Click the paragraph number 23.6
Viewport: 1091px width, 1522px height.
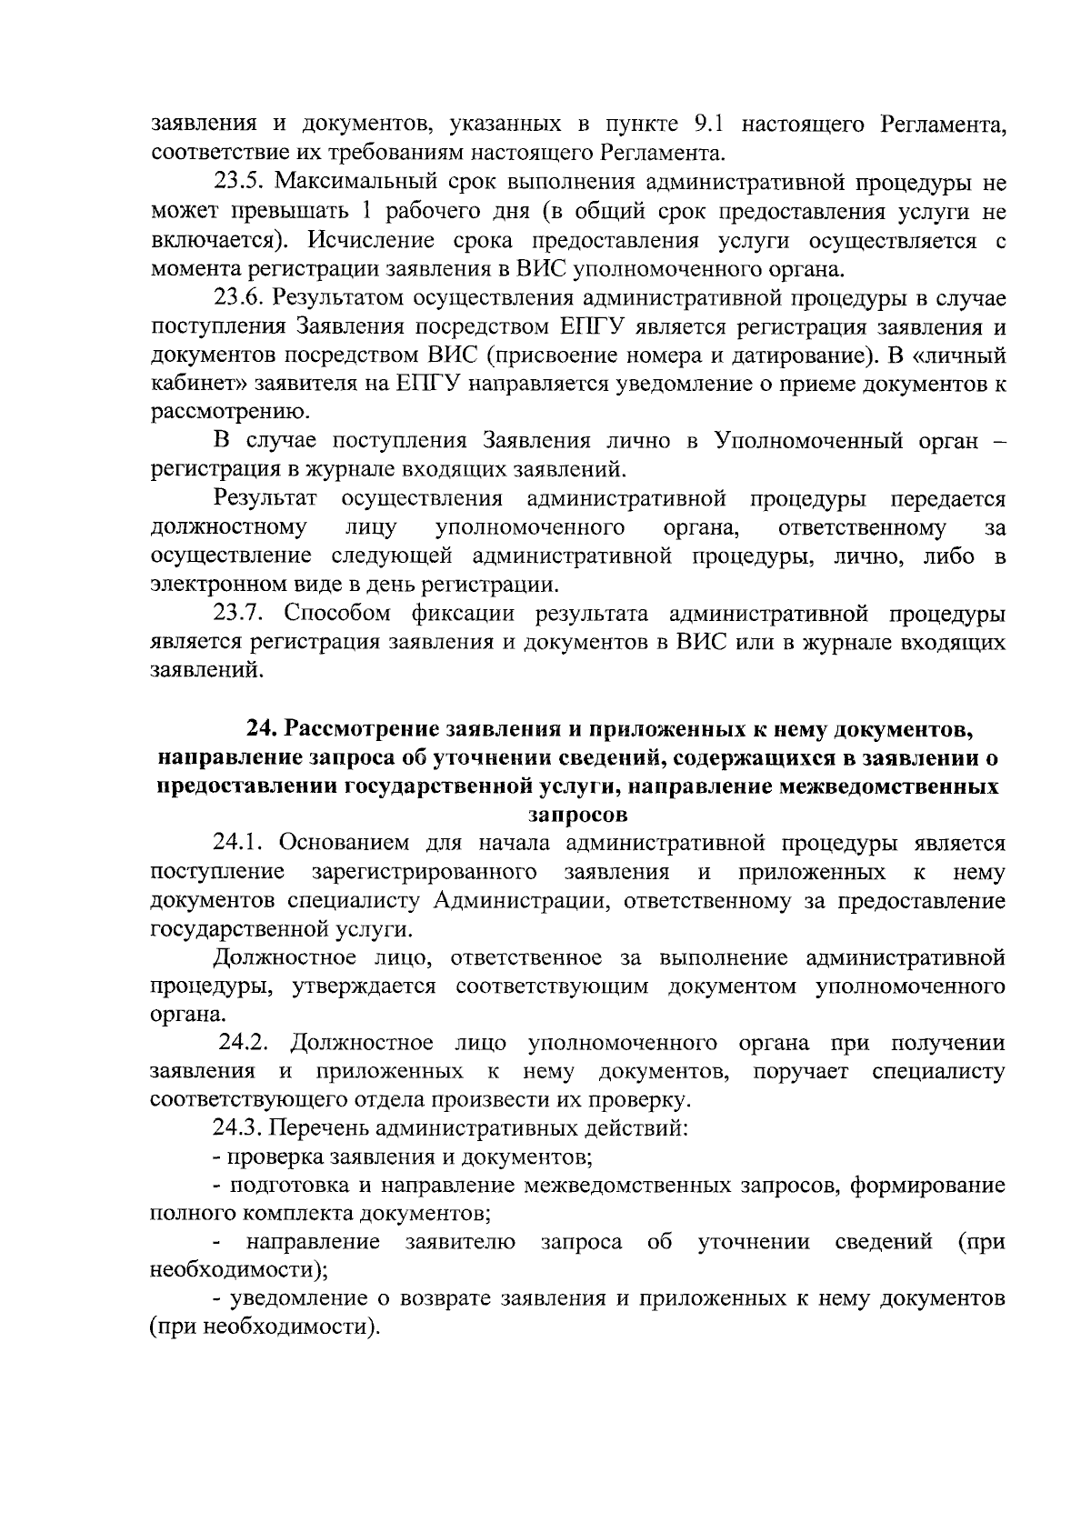(x=239, y=297)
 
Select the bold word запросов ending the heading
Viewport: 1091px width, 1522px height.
(x=578, y=814)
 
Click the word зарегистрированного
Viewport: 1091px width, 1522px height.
(x=422, y=872)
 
